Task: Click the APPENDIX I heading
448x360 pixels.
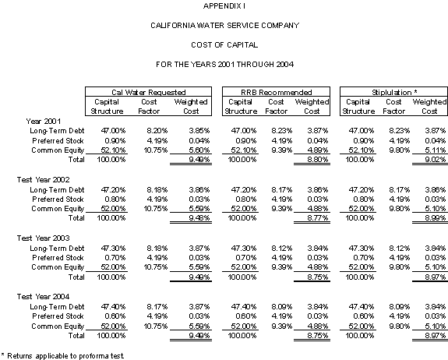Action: [224, 6]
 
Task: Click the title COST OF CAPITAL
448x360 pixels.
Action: [224, 45]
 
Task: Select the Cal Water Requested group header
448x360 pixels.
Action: [149, 92]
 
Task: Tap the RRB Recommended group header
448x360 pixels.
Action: [277, 92]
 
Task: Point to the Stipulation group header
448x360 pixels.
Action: [394, 92]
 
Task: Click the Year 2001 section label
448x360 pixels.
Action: [44, 121]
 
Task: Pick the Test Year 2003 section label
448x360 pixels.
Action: [43, 238]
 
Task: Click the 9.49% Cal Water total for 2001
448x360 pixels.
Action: [199, 160]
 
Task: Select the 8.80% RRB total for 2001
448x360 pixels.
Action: [318, 160]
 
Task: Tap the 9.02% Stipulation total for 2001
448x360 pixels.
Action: [436, 160]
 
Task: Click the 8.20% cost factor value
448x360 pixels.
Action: [157, 131]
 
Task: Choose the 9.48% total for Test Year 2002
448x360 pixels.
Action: [199, 217]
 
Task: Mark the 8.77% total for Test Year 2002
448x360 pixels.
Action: [318, 217]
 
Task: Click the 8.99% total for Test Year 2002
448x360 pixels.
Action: [436, 217]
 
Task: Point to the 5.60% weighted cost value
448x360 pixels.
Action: [199, 150]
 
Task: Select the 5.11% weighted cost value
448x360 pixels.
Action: [436, 150]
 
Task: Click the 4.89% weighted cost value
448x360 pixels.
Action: [318, 150]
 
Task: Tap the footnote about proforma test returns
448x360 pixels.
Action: [62, 355]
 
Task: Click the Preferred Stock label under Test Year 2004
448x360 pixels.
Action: [58, 316]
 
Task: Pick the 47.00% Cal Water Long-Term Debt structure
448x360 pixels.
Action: [113, 131]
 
